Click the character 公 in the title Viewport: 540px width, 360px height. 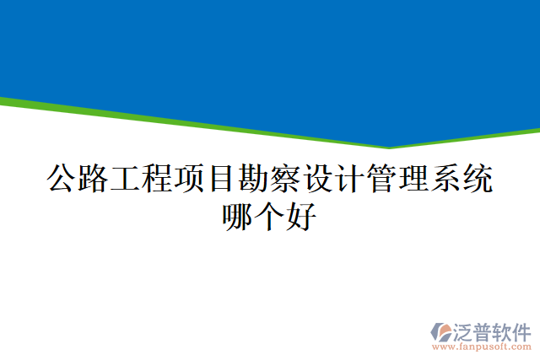click(62, 179)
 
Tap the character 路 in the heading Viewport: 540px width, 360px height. click(94, 179)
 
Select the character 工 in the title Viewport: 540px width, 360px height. click(126, 179)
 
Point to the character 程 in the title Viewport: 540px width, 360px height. click(158, 179)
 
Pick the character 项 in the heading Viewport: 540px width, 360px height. click(190, 179)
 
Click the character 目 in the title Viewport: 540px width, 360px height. click(222, 179)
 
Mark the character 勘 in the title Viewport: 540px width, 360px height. click(254, 179)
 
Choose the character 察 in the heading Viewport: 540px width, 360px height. click(286, 179)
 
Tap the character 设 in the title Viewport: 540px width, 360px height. click(318, 179)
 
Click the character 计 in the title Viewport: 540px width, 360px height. click(350, 179)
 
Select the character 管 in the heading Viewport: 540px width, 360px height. click(382, 179)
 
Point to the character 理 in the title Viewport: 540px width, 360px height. click(414, 179)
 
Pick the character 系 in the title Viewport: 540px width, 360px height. click(446, 179)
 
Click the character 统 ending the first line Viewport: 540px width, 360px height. click(478, 179)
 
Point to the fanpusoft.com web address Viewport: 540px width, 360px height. click(481, 347)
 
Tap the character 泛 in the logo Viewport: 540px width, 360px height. click(464, 330)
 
